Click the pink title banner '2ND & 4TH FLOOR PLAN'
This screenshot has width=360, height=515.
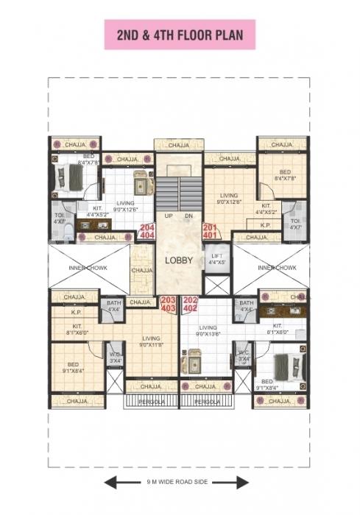click(180, 35)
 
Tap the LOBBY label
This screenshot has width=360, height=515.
click(179, 260)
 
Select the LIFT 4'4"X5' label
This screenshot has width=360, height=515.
click(216, 258)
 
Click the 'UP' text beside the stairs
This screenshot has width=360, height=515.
click(168, 216)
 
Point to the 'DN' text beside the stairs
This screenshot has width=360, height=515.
click(189, 216)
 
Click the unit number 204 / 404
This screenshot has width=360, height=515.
click(147, 231)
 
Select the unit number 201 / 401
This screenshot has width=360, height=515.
click(211, 231)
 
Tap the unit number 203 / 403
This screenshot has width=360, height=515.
click(169, 304)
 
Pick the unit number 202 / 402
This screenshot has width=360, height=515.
click(191, 304)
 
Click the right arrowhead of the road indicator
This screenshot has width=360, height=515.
click(245, 483)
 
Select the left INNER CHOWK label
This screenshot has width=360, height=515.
click(88, 268)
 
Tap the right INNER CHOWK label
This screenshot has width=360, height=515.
click(277, 268)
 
